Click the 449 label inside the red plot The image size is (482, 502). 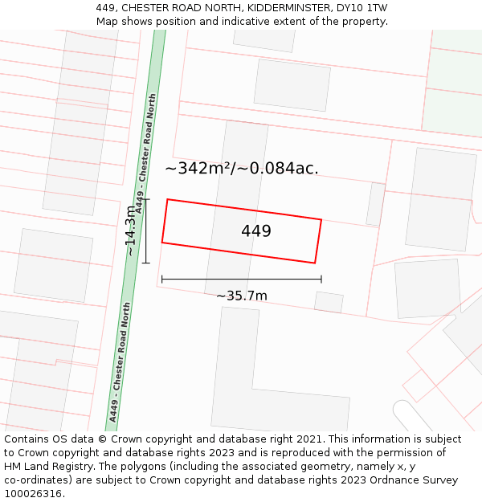pos(256,231)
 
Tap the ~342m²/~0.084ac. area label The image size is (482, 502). pos(241,169)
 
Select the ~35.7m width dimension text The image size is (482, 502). pos(241,296)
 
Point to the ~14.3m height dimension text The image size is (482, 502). pos(130,231)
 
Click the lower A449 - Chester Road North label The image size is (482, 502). pos(120,361)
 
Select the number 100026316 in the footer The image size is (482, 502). pos(32,494)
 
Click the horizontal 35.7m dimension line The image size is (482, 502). pos(241,280)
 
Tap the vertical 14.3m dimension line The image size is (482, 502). pos(145,231)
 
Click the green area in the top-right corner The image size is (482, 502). pos(454,80)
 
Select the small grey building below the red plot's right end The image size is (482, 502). pos(329,302)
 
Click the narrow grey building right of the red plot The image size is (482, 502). pos(375,204)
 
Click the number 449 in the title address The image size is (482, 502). pos(105,7)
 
